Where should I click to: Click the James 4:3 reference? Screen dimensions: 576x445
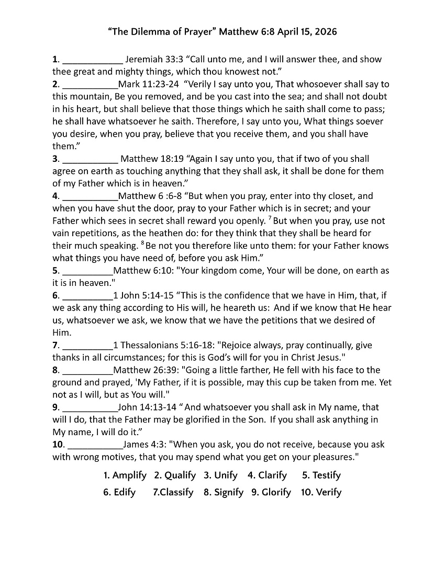coord(145,445)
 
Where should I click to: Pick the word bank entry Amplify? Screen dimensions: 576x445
coord(125,475)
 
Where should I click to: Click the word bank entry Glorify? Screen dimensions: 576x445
coord(271,492)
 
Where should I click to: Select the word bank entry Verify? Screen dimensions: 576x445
coord(321,492)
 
